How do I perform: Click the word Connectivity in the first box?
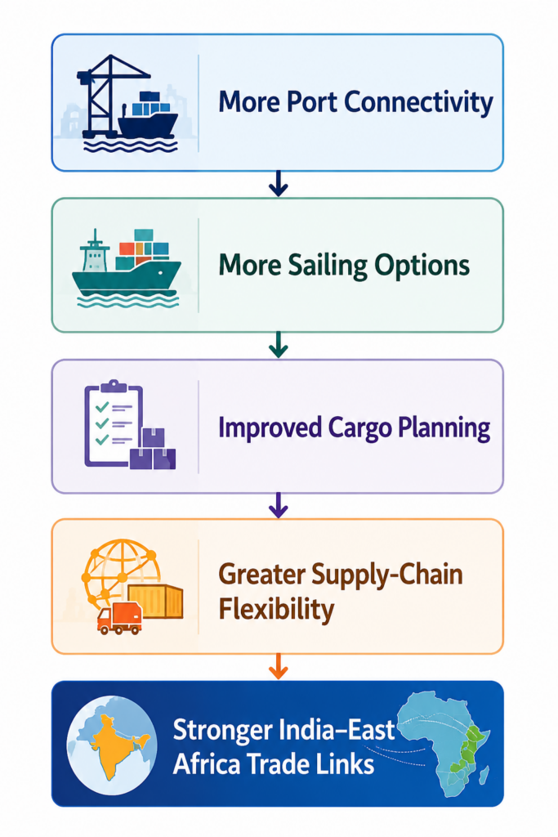point(418,102)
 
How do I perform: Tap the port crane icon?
point(107,96)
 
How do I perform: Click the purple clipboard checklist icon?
point(114,423)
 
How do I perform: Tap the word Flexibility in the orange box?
point(276,608)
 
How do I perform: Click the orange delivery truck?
point(119,620)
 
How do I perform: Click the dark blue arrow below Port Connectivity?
point(279,184)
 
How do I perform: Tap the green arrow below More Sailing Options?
point(279,345)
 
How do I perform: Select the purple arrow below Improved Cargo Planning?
point(279,505)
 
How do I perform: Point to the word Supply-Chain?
point(386,575)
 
